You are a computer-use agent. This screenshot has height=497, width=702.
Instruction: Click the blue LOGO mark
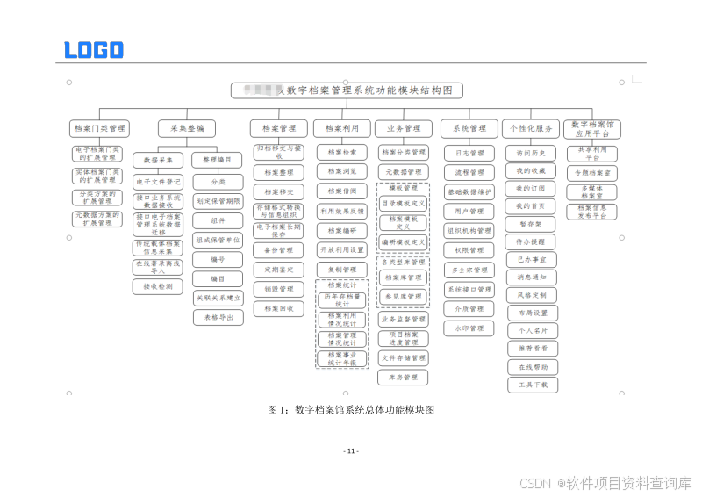[x=94, y=50]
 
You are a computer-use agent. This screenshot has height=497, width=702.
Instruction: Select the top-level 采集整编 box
[x=187, y=128]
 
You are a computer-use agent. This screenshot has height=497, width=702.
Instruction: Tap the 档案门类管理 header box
[x=99, y=128]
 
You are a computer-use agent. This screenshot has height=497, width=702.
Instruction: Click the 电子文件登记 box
[x=158, y=182]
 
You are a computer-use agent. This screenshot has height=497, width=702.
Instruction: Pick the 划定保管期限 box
[x=218, y=201]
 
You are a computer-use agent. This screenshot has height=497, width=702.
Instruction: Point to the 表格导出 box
[x=218, y=317]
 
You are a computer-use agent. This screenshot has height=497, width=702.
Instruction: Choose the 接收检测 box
[x=158, y=286]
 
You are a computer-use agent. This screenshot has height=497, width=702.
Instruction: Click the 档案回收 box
[x=279, y=308]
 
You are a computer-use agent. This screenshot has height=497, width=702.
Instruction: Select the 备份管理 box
[x=279, y=250]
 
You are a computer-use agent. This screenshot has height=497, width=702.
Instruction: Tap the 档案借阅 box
[x=342, y=191]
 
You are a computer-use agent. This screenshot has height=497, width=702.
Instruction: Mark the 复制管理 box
[x=342, y=270]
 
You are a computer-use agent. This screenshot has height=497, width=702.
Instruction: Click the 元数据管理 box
[x=404, y=172]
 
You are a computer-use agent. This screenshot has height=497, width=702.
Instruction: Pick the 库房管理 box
[x=404, y=377]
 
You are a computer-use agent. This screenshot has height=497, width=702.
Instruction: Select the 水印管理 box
[x=469, y=328]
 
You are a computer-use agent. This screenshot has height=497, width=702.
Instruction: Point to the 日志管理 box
[x=469, y=153]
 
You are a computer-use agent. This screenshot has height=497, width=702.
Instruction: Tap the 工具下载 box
[x=532, y=385]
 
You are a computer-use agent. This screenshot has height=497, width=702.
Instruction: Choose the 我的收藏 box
[x=532, y=170]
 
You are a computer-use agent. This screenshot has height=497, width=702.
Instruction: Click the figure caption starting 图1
[x=351, y=410]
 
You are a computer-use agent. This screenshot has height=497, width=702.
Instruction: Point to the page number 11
[x=351, y=451]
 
